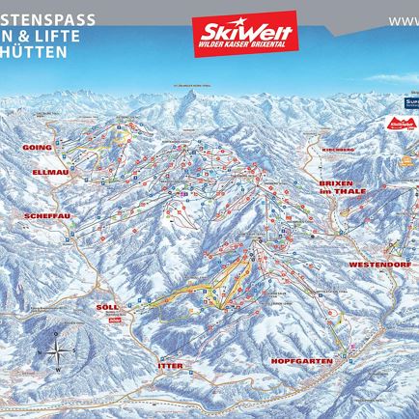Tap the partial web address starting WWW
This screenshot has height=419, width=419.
[x=403, y=19]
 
